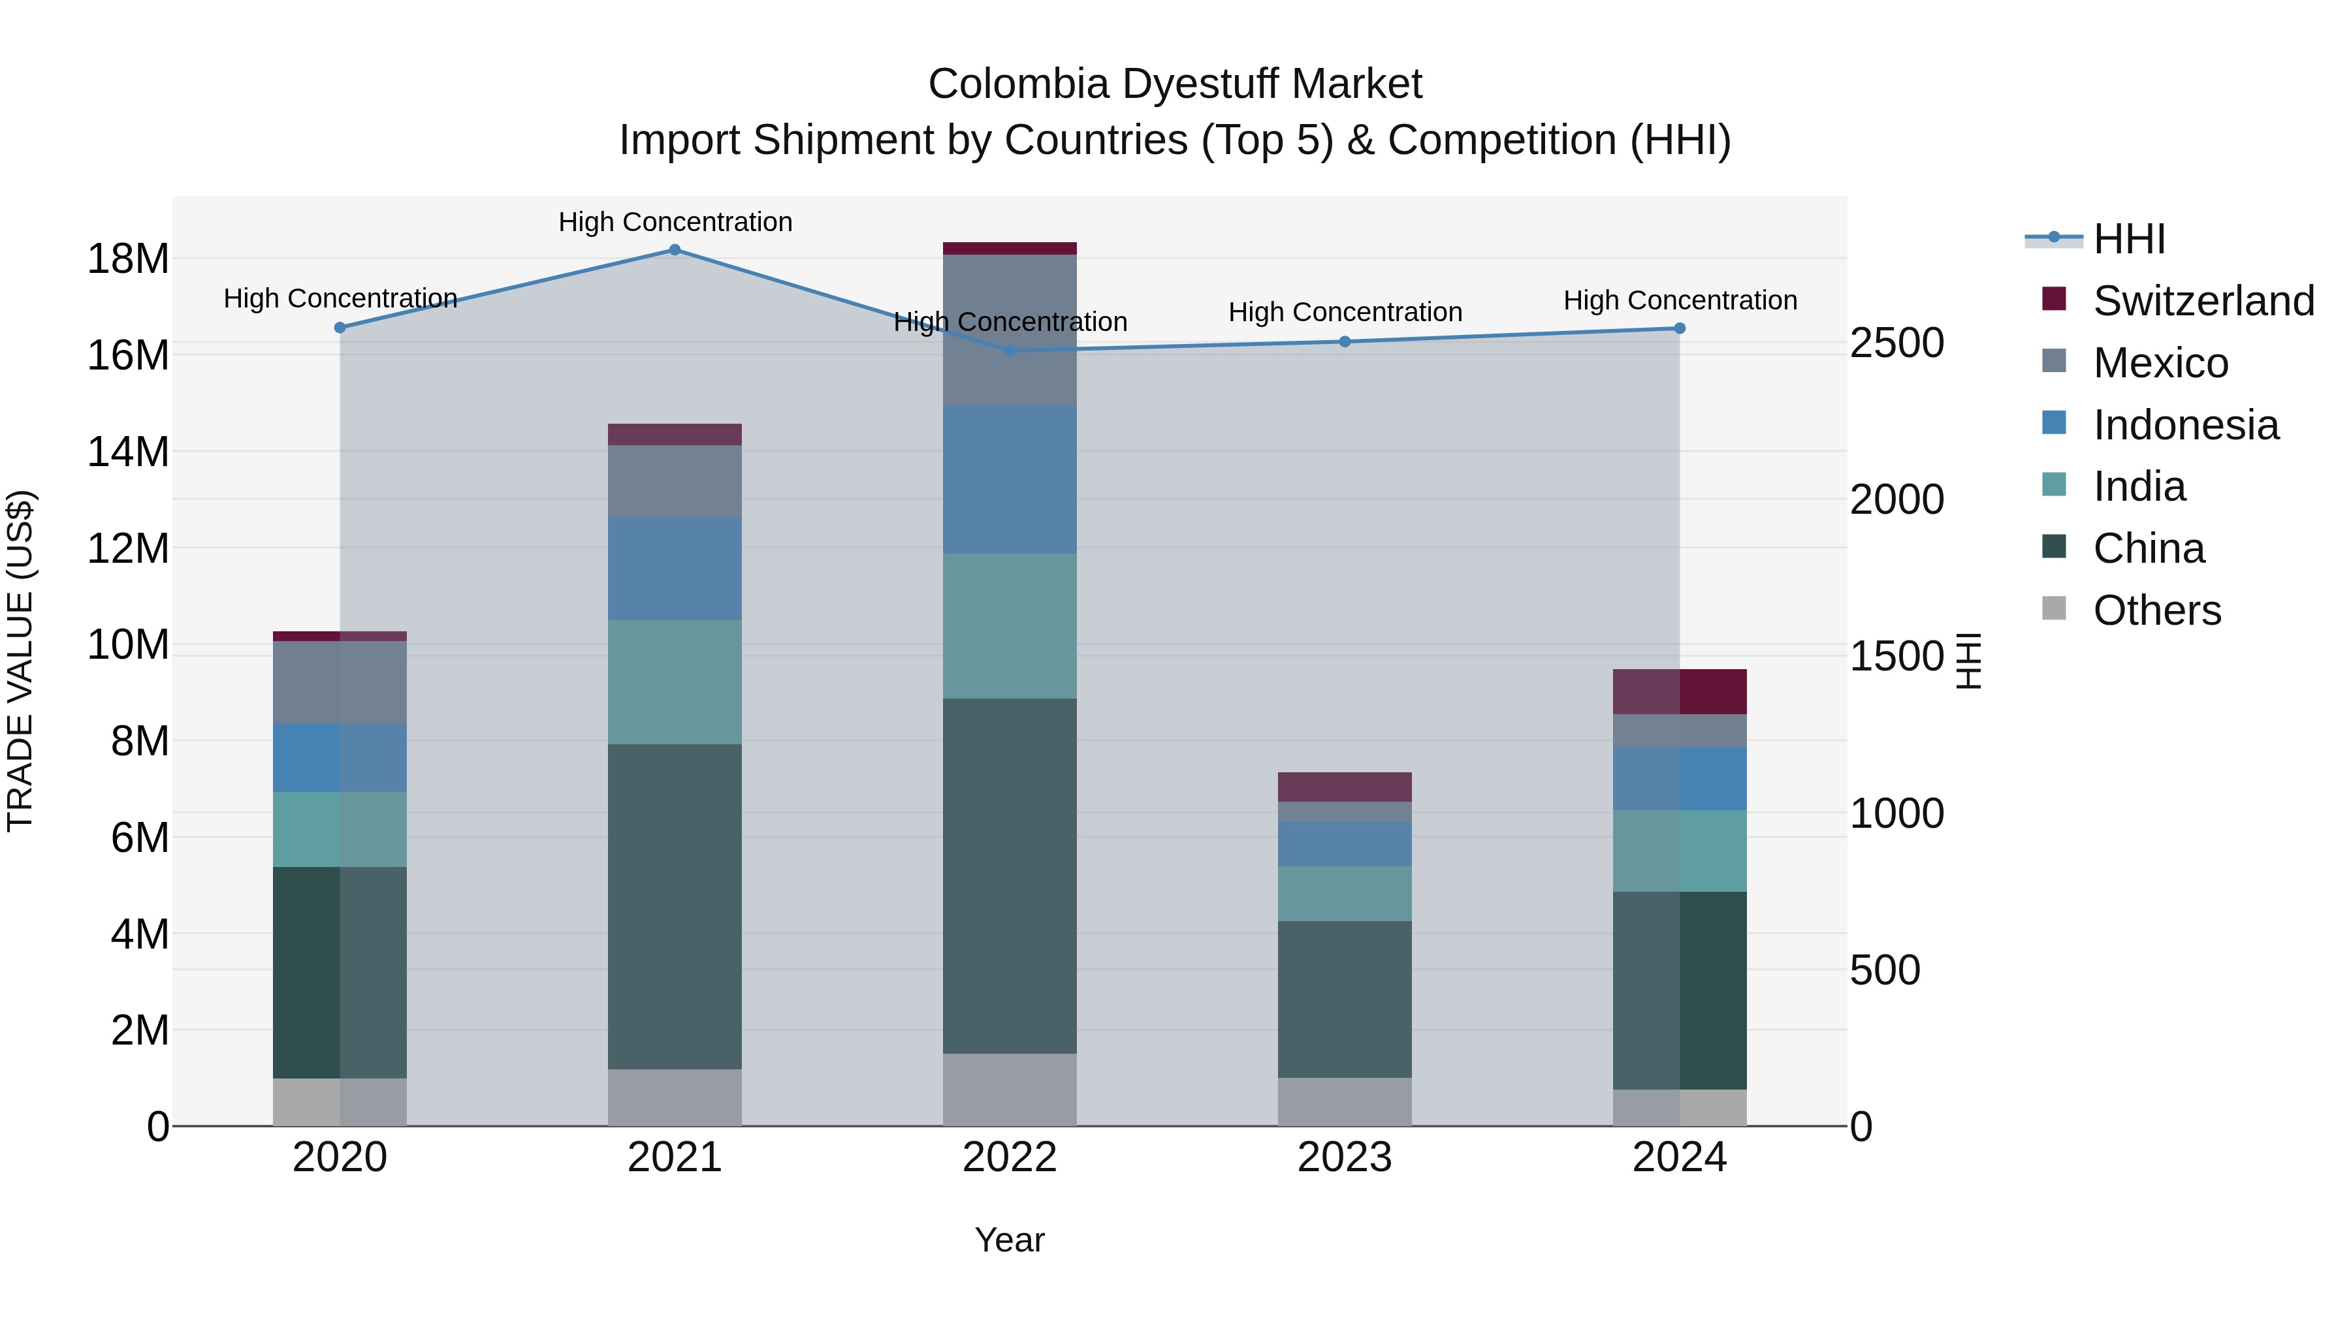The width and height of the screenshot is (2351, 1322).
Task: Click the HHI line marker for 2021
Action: pos(675,250)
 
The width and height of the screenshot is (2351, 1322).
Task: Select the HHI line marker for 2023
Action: pos(1345,342)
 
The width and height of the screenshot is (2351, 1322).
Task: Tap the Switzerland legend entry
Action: pos(2202,301)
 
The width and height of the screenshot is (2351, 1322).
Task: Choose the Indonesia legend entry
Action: pos(2185,425)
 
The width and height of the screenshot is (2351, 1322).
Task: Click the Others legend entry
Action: pos(2156,610)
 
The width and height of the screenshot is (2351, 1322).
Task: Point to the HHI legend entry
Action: pos(2128,239)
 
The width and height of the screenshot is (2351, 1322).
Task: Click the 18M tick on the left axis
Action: pos(128,259)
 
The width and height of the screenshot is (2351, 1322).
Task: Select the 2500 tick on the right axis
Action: pos(1896,344)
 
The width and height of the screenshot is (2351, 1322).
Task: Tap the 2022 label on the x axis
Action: pos(1010,1157)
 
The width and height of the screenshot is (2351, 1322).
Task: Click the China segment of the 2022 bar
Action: pos(1010,876)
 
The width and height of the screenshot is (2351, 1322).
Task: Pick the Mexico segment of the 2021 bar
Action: pos(675,482)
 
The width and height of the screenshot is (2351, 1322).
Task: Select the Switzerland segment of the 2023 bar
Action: pos(1345,787)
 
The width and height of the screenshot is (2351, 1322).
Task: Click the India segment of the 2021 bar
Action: pos(675,682)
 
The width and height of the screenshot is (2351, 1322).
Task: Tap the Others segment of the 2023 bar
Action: pos(1345,1101)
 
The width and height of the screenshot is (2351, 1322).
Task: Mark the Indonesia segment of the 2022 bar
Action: pos(1010,480)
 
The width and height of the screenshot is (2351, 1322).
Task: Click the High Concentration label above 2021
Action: pos(675,222)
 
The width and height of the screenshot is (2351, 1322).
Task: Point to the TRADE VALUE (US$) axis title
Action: pos(20,661)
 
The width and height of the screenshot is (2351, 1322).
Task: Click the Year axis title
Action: pos(1010,1240)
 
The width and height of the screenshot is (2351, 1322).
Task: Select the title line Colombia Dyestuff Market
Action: pos(1175,84)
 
